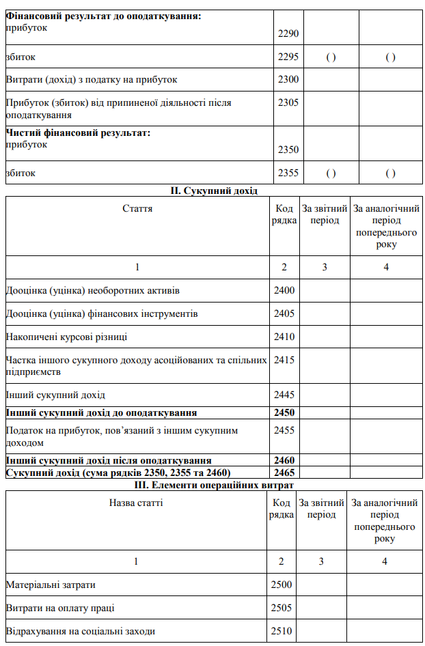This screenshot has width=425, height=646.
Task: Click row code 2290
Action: (289, 33)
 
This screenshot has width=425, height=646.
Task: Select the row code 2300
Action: (289, 80)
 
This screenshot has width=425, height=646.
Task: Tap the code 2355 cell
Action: (289, 173)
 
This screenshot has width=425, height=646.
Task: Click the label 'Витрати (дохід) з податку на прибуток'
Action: (92, 80)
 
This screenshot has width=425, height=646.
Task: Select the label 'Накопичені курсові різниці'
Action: (66, 337)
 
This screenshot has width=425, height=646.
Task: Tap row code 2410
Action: (284, 337)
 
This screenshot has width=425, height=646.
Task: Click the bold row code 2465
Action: (284, 473)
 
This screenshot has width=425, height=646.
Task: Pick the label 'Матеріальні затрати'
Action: (51, 585)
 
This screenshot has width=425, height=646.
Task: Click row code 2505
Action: (282, 608)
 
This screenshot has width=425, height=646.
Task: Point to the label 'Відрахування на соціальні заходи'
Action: (81, 631)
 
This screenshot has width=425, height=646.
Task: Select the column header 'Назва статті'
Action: (136, 503)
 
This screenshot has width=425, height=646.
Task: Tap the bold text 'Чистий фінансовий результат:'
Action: (78, 132)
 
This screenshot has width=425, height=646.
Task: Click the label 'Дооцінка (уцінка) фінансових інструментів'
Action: (102, 313)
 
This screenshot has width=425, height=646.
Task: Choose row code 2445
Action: (284, 395)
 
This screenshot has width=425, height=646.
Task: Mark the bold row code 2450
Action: (284, 412)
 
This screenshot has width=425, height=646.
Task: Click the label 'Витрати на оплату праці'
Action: (60, 608)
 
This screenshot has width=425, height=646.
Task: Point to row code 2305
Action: (289, 103)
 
